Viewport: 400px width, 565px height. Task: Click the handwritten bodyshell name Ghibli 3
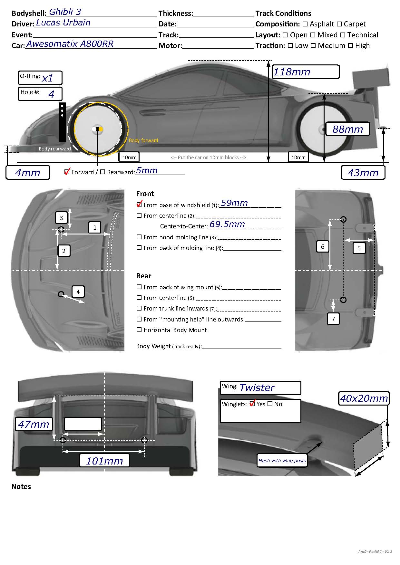pos(65,12)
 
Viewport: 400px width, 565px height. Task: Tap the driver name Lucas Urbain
pos(63,23)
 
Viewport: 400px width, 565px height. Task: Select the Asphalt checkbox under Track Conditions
pos(305,24)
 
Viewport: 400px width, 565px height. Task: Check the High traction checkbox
pos(350,46)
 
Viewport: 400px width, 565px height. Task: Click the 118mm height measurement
pos(291,72)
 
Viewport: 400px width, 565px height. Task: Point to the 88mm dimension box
pos(347,129)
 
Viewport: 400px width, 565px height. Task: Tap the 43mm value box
pos(363,173)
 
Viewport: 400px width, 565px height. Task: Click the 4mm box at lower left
pos(28,173)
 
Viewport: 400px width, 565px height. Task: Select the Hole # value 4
pos(51,94)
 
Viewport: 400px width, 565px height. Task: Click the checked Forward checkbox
pos(67,172)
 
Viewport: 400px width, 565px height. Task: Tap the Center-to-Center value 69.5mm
pos(227,224)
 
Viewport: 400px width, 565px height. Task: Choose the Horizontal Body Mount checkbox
pos(139,330)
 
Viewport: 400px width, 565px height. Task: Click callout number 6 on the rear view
pos(323,247)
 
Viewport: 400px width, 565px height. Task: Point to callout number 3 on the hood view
pos(61,218)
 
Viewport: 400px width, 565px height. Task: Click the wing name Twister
pos(257,388)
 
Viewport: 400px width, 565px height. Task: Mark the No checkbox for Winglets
pos(270,404)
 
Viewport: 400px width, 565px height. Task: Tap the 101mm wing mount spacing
pos(104,461)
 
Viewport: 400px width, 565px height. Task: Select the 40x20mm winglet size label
pos(364,398)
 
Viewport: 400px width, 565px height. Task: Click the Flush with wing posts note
pos(282,461)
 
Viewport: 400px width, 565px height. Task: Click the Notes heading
pos(21,486)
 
